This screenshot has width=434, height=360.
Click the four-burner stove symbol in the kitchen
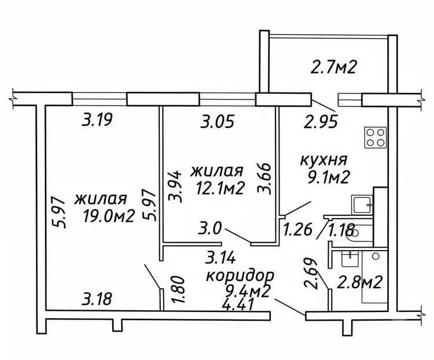point(376,137)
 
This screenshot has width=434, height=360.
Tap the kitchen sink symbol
point(362,204)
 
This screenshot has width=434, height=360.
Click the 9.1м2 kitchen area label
point(328,177)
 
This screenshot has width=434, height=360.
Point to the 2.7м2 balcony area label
point(333,67)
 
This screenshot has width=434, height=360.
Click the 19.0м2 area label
point(109,216)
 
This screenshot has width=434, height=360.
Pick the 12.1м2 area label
point(220,189)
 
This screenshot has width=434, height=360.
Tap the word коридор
point(241,276)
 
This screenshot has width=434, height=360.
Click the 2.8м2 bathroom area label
point(359,282)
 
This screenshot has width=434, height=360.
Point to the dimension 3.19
point(97,120)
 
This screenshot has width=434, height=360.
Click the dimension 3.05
point(218,122)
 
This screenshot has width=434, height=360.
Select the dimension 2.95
point(321,122)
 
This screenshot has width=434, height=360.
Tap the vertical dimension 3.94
point(175,186)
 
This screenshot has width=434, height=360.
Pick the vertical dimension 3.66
point(263,179)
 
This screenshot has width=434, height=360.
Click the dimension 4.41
point(238,305)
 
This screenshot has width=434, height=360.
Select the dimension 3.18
point(97,299)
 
